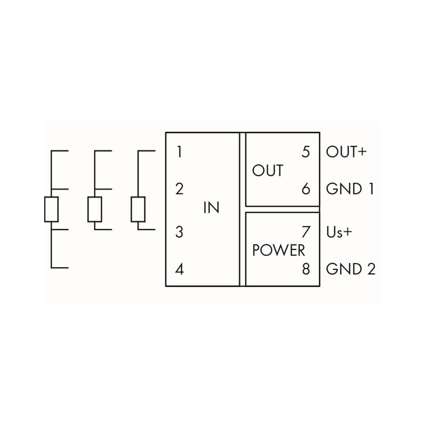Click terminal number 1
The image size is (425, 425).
[x=180, y=151]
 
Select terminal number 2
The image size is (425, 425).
[x=180, y=189]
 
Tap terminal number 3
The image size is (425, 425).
[x=180, y=232]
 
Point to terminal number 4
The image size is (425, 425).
[x=180, y=269]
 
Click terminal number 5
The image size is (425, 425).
[x=306, y=151]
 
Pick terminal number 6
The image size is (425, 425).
[x=306, y=189]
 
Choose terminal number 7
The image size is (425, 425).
[x=306, y=232]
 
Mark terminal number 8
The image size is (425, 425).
[x=306, y=269]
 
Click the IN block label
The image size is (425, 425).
[x=211, y=208]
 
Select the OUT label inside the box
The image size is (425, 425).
[x=268, y=171]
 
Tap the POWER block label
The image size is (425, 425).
[x=279, y=250]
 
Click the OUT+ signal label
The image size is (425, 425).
[x=346, y=151]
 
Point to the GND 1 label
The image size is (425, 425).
[x=350, y=189]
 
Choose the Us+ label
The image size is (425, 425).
[x=339, y=232]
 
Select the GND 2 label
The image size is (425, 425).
[x=351, y=269]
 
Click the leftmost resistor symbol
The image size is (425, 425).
[x=51, y=209]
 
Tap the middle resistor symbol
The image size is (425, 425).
[x=95, y=209]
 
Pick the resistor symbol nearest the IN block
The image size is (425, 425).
[x=138, y=209]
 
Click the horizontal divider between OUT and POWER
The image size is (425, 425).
[x=282, y=209]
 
